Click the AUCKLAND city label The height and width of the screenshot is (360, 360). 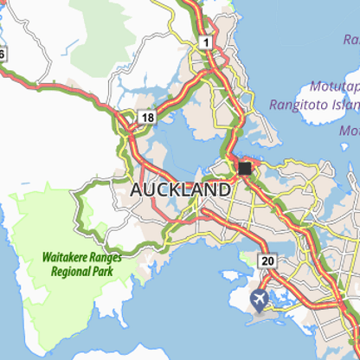pyautogui.click(x=180, y=189)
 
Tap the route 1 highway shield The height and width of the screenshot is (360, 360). pyautogui.click(x=205, y=42)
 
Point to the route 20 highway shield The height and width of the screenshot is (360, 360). pyautogui.click(x=267, y=260)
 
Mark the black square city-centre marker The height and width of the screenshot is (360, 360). pyautogui.click(x=245, y=168)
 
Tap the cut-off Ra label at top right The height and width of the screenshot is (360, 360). pyautogui.click(x=350, y=40)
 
